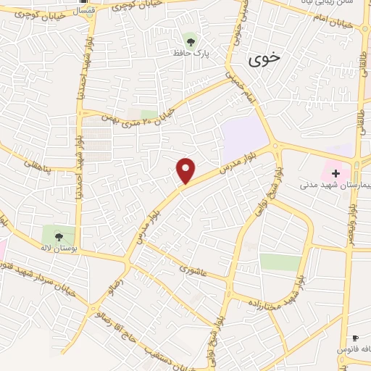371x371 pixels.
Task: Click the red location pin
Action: point(186,170)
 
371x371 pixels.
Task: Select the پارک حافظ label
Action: point(190,53)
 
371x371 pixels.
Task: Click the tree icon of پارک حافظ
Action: point(191,41)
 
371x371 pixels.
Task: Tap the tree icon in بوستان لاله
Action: point(59,235)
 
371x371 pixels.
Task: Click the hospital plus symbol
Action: point(335,172)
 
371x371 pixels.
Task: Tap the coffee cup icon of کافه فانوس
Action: point(355,338)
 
